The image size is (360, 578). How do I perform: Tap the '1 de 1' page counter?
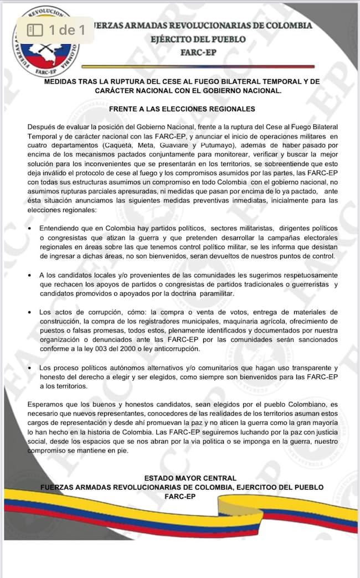[x=67, y=30]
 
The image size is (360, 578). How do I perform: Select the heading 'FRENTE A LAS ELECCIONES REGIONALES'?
[x=182, y=109]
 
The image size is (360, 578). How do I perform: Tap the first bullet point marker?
[x=28, y=229]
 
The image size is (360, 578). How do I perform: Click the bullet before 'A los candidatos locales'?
[x=28, y=275]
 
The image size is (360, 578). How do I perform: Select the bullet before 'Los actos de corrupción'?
[x=28, y=313]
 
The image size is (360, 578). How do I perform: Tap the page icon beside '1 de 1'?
[x=35, y=30]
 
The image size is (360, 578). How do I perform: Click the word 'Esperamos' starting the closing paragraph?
[x=45, y=406]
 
